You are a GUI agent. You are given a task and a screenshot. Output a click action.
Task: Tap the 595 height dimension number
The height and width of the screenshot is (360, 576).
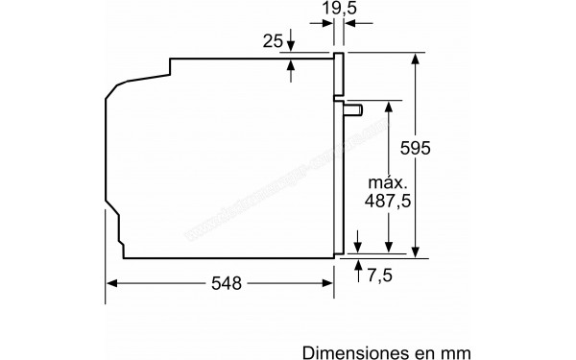pos(443,149)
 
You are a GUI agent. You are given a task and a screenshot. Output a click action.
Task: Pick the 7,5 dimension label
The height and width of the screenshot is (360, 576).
pos(380,276)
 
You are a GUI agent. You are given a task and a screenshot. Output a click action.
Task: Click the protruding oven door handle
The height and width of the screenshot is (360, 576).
pos(354,109)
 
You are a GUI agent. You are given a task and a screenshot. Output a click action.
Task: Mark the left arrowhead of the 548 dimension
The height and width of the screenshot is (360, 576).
pos(110,283)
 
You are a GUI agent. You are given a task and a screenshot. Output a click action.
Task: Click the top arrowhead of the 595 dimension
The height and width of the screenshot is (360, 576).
pos(416,58)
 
